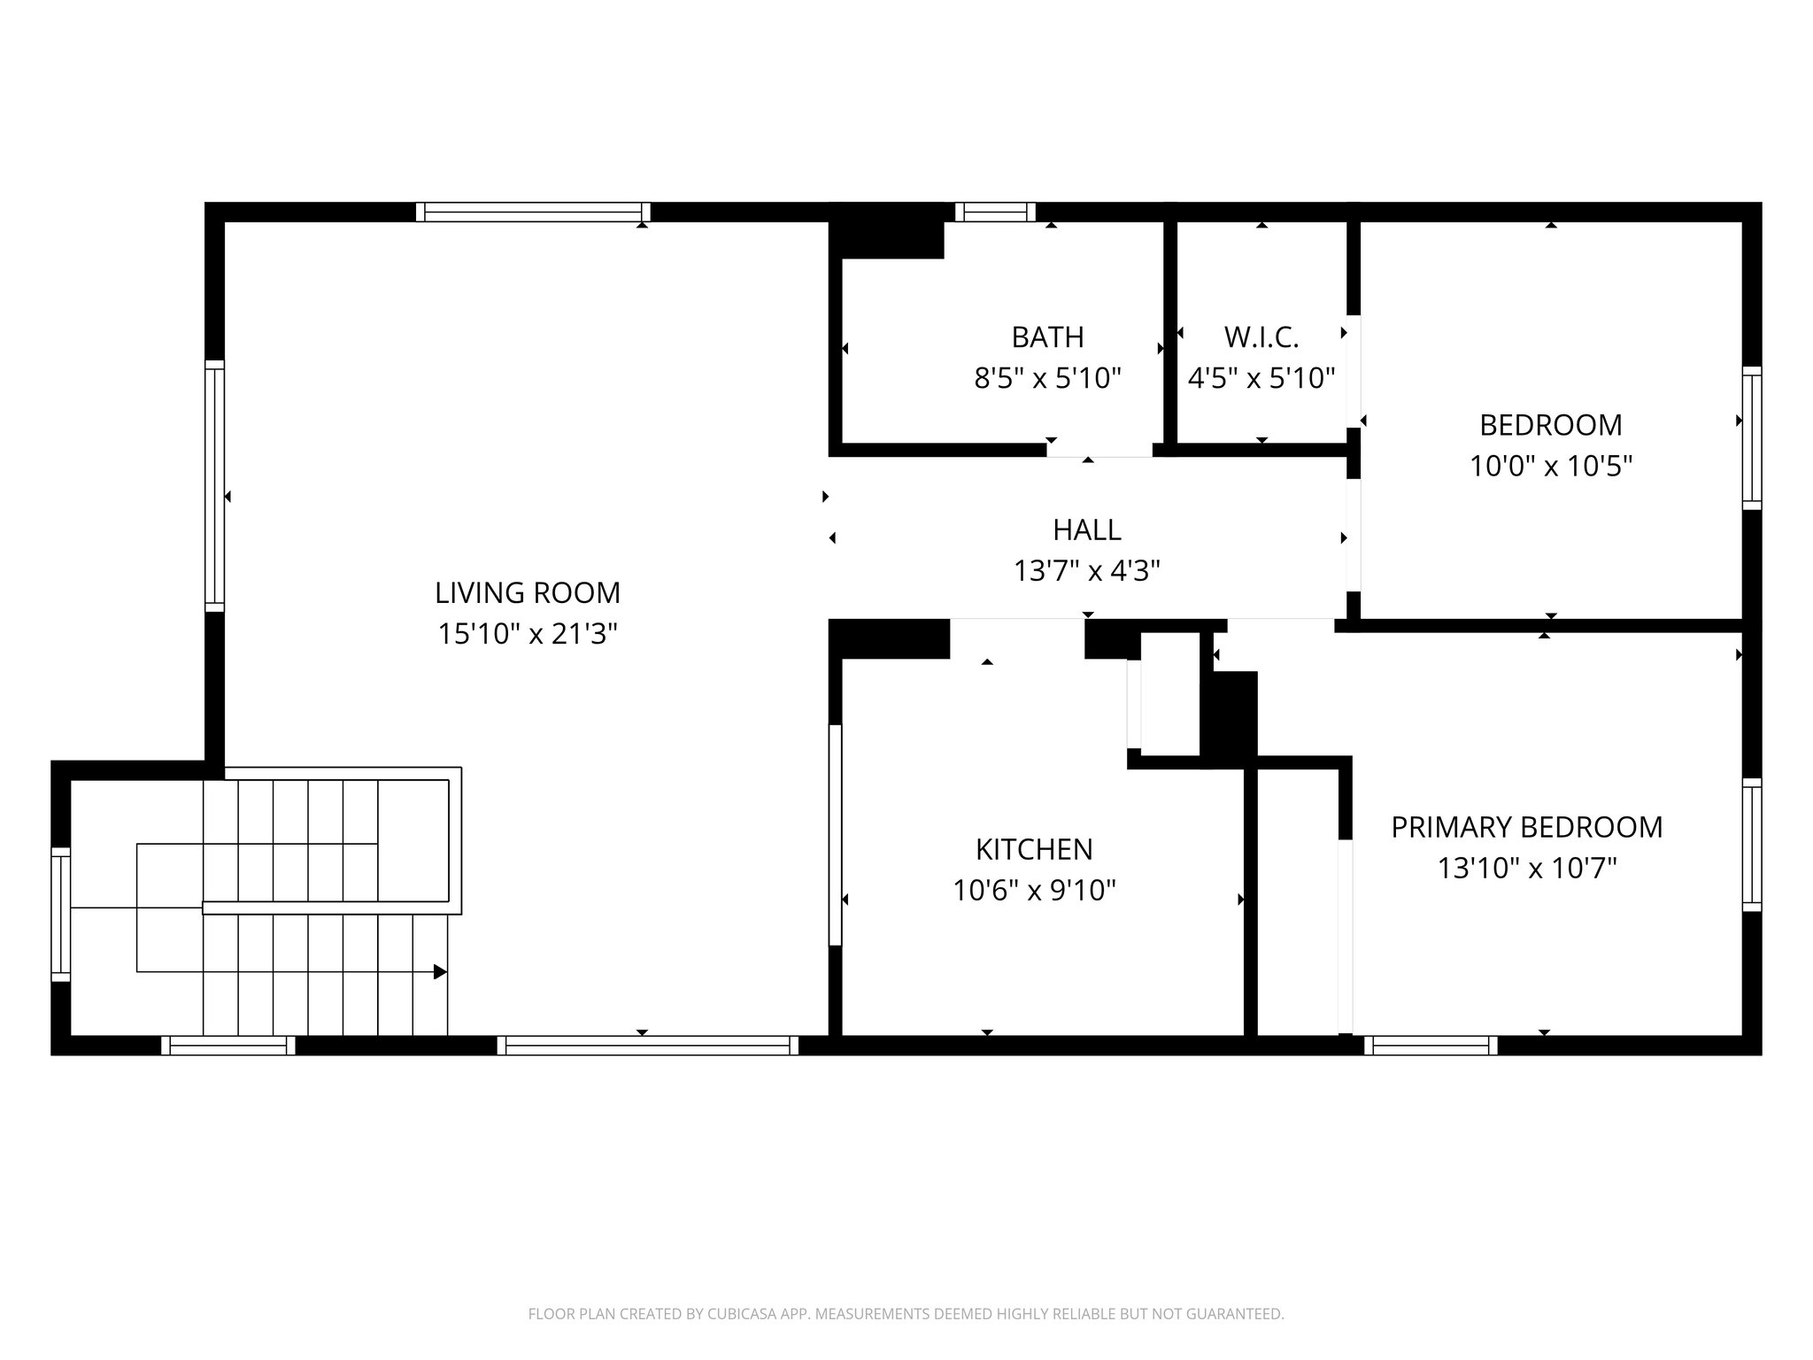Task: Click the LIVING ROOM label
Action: (528, 592)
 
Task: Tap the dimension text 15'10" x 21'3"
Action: (528, 634)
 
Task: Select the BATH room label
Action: (1047, 337)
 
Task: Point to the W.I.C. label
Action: (1261, 337)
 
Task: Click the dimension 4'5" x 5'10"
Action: (1261, 379)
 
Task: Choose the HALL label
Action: (1087, 529)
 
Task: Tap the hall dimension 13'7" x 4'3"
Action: (1087, 571)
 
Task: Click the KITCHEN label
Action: (1034, 849)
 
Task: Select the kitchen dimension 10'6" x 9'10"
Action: (1034, 890)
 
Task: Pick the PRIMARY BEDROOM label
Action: (1527, 827)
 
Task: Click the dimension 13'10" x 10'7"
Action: (1527, 869)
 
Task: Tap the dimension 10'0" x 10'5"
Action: (1551, 466)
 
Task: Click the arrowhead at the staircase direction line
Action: (440, 972)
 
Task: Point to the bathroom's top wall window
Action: (995, 212)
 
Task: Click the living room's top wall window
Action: (533, 212)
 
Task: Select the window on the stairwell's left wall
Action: (60, 914)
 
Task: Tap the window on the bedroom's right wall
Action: (1752, 438)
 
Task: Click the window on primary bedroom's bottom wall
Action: (1431, 1046)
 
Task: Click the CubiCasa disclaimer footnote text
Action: (906, 1314)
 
